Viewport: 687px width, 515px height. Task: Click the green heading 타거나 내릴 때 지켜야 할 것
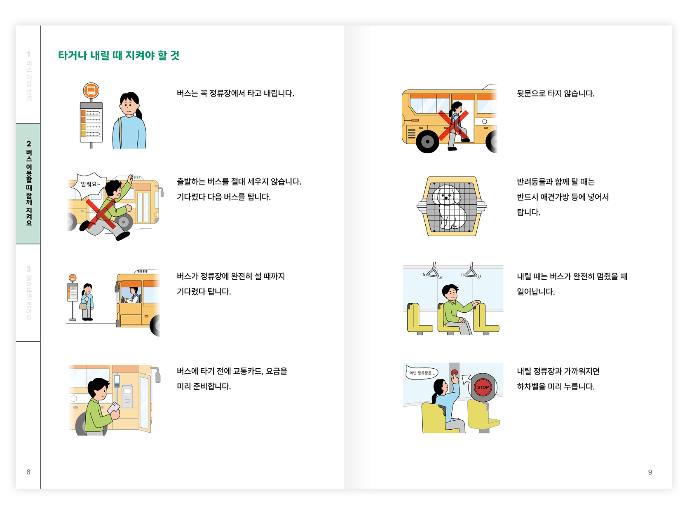pos(119,55)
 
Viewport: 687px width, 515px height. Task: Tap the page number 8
pos(28,472)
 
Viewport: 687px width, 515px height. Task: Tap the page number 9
pos(650,472)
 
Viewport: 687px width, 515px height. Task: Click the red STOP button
pos(483,387)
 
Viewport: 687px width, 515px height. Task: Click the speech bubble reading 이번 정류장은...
pos(422,372)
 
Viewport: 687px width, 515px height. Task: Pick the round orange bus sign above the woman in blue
pos(91,90)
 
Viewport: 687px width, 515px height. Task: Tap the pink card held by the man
pos(113,407)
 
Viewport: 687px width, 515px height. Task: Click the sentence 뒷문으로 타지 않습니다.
pos(556,93)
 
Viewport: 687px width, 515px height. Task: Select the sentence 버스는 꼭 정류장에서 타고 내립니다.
pos(235,93)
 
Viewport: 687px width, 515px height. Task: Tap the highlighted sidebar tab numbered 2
pos(28,183)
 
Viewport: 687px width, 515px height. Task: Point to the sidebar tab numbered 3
pos(28,293)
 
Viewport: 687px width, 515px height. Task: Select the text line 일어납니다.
pos(535,292)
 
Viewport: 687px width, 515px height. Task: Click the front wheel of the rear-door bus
pos(427,141)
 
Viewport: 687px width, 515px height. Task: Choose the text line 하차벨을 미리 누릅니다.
pos(556,386)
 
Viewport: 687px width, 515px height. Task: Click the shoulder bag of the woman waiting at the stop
pos(83,305)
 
